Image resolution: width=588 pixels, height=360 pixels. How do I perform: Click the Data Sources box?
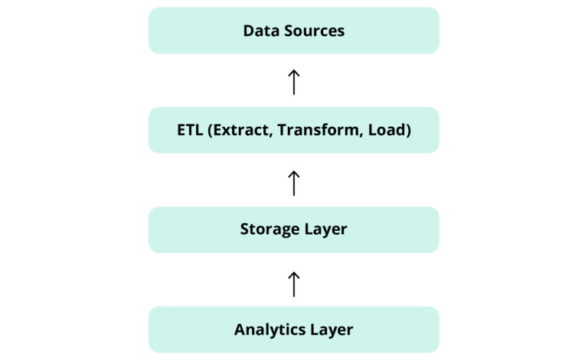click(293, 31)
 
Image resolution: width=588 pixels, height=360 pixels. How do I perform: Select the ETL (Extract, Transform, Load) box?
click(293, 130)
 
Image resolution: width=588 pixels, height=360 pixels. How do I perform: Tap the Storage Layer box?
click(293, 230)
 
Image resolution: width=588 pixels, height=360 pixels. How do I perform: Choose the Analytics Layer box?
click(293, 329)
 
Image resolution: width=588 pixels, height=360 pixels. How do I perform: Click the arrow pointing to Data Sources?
click(293, 81)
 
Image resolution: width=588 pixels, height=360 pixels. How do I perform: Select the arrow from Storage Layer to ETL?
click(293, 182)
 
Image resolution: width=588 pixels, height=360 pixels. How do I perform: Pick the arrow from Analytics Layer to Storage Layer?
click(293, 282)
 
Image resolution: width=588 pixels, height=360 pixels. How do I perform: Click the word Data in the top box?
click(258, 31)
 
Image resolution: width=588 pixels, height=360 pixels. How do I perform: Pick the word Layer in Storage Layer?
click(325, 230)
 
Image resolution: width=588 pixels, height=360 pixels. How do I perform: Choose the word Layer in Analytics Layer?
click(332, 330)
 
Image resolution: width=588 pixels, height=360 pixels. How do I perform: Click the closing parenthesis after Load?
click(409, 131)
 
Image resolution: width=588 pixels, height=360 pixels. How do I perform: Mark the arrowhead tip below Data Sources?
click(293, 70)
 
